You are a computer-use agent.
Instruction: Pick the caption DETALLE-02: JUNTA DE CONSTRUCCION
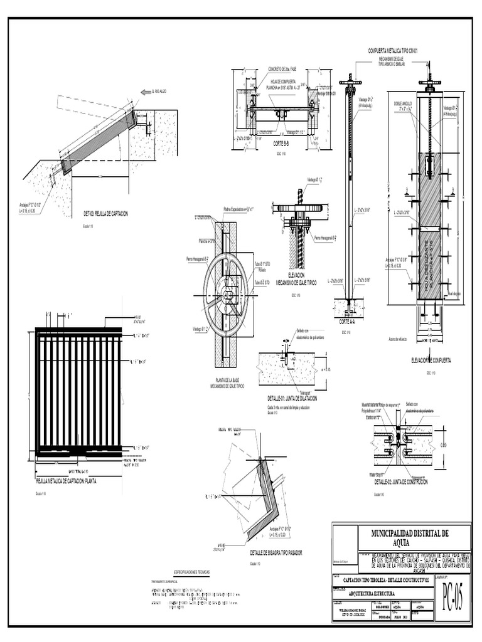[401, 482]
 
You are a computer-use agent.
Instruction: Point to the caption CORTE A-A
[348, 321]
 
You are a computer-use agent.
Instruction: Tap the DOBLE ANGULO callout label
[404, 102]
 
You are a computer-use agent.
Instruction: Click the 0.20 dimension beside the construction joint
[444, 445]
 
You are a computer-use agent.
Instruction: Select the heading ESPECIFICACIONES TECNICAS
[195, 572]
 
